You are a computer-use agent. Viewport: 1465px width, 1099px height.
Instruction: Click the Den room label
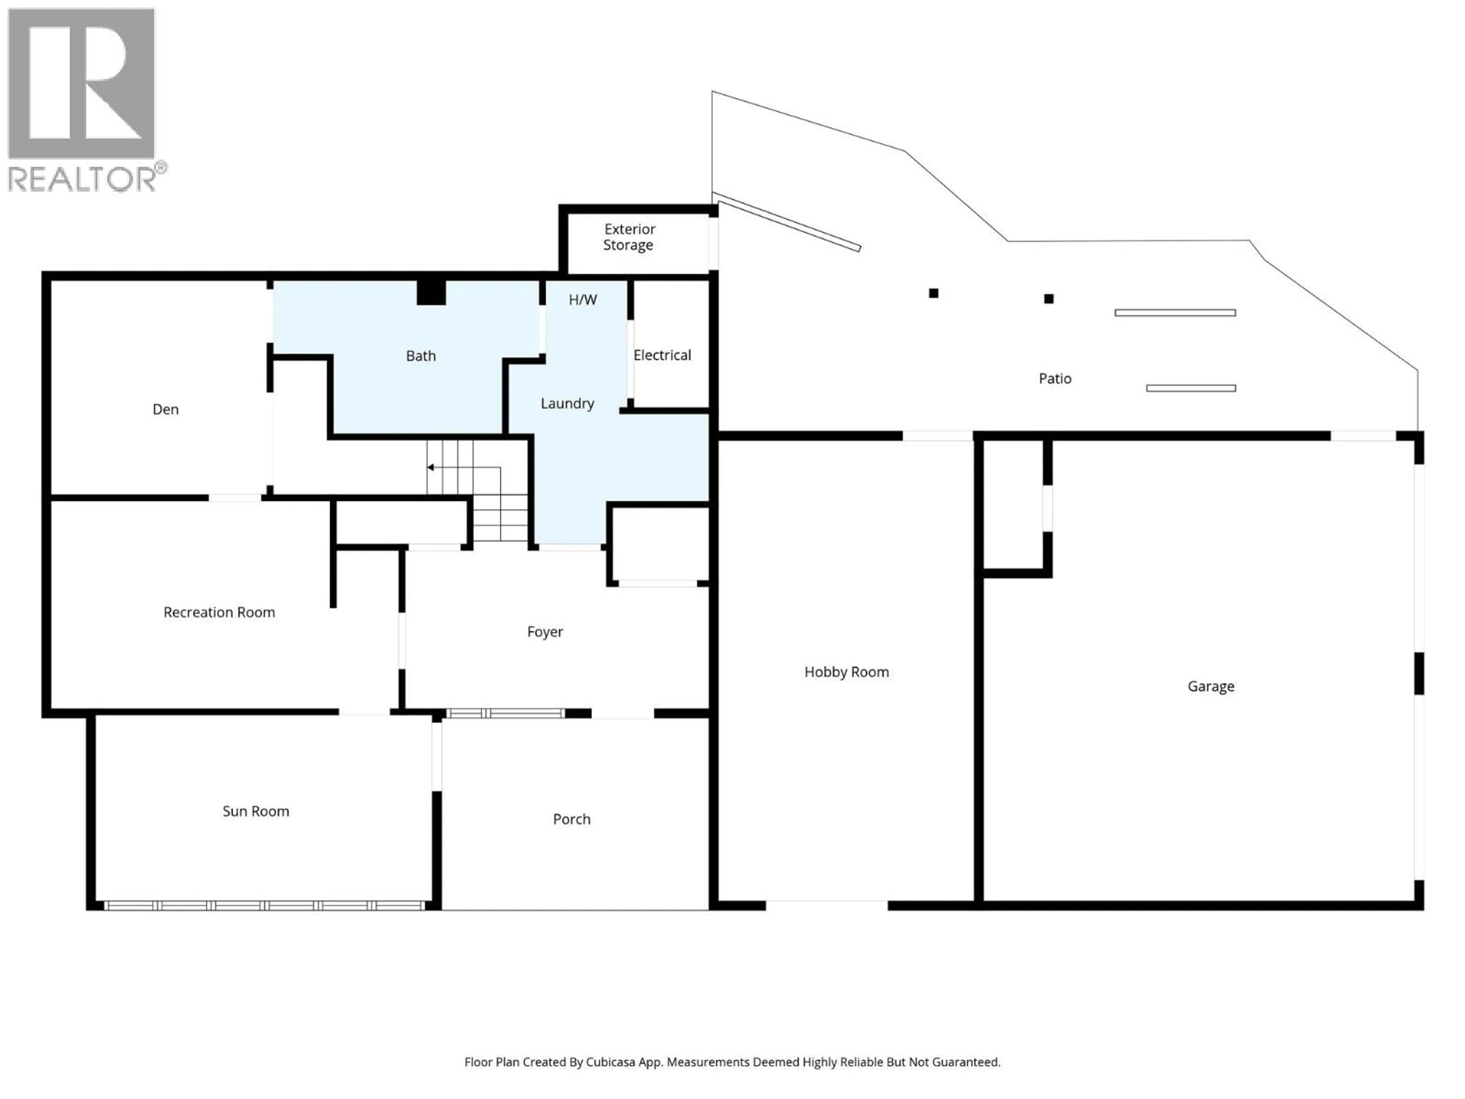point(166,409)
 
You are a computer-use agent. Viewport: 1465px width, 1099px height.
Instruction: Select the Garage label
point(1210,686)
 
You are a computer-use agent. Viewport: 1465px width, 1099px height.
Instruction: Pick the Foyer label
point(544,632)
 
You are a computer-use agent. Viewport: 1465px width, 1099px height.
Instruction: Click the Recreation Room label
point(219,612)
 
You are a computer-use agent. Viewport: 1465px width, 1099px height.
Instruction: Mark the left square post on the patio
point(933,293)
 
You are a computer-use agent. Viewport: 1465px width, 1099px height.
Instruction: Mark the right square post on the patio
point(1048,299)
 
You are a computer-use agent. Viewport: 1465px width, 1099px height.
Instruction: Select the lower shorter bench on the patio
point(1190,388)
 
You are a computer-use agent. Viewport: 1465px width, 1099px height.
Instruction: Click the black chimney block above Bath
point(430,292)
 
